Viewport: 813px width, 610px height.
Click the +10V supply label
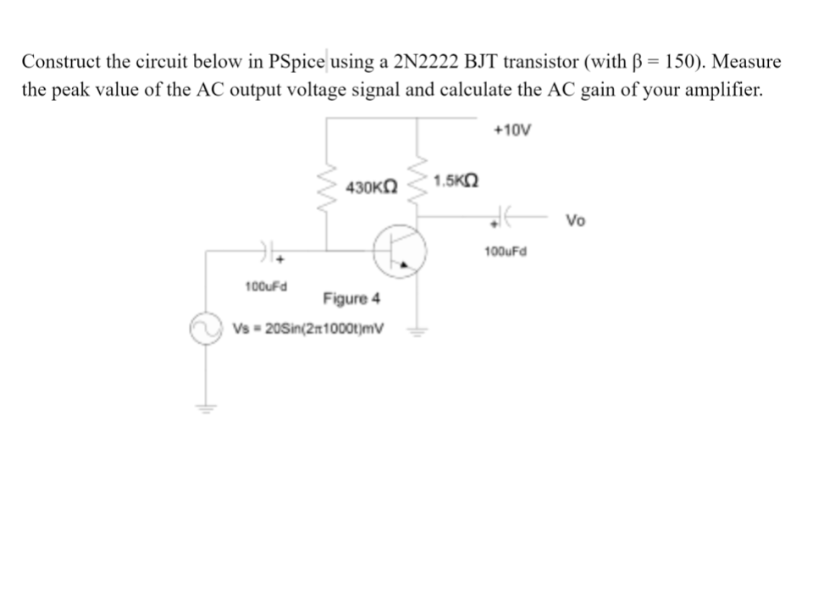click(x=512, y=130)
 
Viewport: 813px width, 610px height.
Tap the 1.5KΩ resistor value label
click(x=455, y=180)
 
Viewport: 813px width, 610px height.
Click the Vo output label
click(x=575, y=221)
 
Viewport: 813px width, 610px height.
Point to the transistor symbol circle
click(x=400, y=250)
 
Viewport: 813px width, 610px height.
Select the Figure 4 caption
click(x=351, y=298)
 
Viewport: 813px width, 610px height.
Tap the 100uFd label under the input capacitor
click(x=265, y=286)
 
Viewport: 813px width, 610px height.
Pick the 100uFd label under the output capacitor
click(x=506, y=251)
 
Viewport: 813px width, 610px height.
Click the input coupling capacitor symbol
click(x=266, y=251)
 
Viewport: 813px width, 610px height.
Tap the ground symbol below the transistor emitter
click(x=416, y=331)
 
